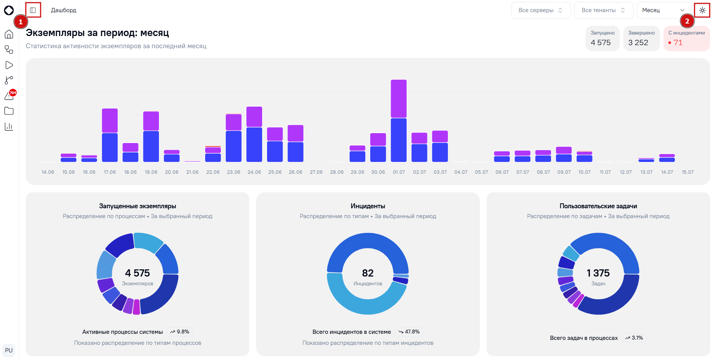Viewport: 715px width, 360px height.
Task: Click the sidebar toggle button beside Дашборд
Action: point(33,10)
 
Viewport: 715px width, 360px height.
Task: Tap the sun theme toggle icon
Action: point(702,10)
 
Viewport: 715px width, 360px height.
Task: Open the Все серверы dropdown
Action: point(541,10)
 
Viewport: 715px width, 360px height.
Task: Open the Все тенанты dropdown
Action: point(603,10)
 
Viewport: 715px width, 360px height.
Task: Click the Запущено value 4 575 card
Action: point(602,38)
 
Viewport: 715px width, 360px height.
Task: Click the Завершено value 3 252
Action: point(638,42)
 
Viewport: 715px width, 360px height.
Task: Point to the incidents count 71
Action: point(678,42)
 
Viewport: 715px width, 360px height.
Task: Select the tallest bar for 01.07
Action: point(399,121)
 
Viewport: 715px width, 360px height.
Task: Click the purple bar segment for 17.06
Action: point(110,121)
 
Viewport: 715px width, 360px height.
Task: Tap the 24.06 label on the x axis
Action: point(254,172)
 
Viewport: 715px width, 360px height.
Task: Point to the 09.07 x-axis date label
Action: point(564,172)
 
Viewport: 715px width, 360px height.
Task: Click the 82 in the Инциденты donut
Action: point(368,273)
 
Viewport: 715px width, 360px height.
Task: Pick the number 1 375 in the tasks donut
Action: point(598,273)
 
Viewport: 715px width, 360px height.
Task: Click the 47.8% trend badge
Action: point(409,332)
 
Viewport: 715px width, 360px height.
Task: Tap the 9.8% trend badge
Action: point(180,332)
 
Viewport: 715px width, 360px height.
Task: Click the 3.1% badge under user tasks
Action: point(634,338)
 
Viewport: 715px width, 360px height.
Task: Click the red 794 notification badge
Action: point(13,93)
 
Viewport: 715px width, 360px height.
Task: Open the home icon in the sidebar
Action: point(9,35)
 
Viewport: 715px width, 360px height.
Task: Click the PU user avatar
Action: point(9,351)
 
